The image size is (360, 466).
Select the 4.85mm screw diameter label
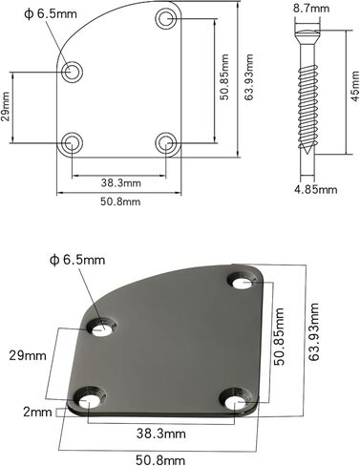tap(316, 190)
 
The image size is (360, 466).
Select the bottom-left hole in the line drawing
tap(71, 143)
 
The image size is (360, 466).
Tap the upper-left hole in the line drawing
tap(72, 72)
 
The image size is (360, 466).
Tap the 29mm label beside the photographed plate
tap(26, 355)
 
